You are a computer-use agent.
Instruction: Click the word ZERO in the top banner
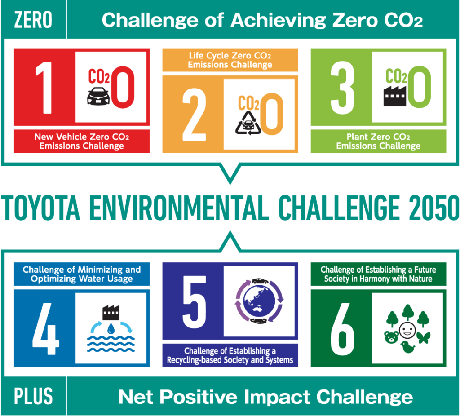33,20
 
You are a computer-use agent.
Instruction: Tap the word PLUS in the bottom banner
33,396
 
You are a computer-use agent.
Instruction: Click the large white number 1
44,88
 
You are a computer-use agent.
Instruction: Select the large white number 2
194,115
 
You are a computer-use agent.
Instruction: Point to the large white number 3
342,88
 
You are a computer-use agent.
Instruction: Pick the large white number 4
45,328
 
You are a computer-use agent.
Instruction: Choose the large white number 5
194,302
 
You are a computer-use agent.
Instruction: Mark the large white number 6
342,328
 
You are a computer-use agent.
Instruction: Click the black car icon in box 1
98,96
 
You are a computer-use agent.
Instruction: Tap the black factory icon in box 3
395,96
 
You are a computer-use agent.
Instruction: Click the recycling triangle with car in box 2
248,123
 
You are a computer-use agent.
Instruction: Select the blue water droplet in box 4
111,328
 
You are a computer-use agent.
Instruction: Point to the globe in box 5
259,301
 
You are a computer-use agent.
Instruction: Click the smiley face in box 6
407,330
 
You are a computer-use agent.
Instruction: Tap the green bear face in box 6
391,337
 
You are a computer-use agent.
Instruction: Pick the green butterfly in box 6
423,338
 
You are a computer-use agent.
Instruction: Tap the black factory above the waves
111,313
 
